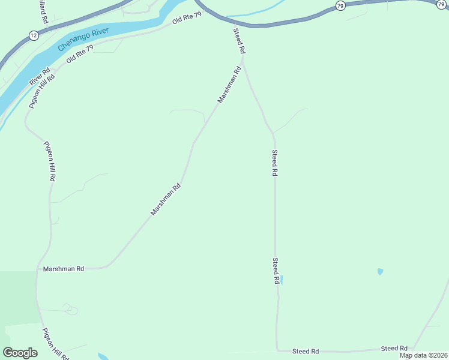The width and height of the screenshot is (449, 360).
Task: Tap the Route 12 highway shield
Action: tap(33, 36)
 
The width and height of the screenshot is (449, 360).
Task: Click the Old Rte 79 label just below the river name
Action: tap(80, 55)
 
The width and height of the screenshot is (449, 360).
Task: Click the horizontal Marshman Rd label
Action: tap(64, 269)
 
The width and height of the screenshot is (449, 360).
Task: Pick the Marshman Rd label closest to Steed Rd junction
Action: tap(229, 85)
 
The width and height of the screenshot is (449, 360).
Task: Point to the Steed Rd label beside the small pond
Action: tap(276, 271)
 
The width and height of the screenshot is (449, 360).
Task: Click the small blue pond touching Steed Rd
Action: tap(282, 280)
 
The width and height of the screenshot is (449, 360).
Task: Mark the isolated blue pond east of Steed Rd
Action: tap(380, 272)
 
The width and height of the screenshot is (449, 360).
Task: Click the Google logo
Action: tap(20, 353)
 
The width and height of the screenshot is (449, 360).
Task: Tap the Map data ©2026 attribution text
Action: tap(423, 355)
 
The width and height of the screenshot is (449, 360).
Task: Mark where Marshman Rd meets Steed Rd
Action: tap(243, 60)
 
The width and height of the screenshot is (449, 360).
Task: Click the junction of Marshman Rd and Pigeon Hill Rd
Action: tap(37, 269)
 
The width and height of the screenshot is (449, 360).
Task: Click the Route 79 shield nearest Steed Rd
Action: tap(340, 5)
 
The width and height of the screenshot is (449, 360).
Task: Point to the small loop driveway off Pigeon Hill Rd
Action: tap(71, 310)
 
